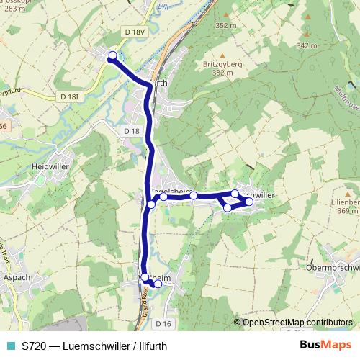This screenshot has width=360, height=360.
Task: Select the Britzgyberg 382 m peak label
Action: [222, 68]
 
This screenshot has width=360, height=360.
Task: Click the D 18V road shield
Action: [135, 32]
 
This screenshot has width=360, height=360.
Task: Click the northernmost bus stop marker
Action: [112, 56]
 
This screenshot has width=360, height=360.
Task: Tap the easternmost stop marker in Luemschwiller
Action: [249, 202]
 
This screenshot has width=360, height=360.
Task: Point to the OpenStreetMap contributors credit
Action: [298, 322]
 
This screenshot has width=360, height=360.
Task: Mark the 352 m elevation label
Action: [225, 25]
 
